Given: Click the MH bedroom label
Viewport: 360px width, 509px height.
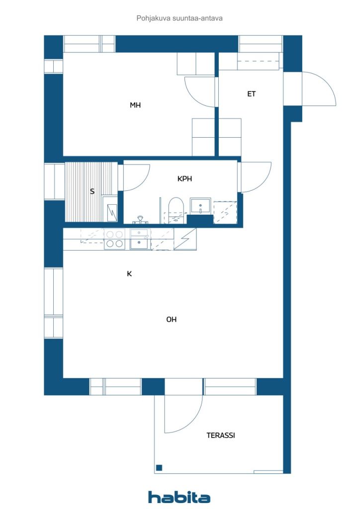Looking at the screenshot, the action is [135, 105].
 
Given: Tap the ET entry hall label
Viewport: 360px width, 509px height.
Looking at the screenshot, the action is [251, 94].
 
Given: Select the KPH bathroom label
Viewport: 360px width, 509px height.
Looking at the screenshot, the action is [184, 178].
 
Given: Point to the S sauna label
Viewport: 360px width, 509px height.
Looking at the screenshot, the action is [92, 191].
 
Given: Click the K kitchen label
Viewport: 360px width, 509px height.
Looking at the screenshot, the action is [129, 274].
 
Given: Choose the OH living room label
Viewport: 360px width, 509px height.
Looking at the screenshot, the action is [172, 320].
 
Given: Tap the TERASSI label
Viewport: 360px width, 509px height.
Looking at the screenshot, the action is [221, 435].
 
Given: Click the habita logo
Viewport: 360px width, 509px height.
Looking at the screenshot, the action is [179, 497].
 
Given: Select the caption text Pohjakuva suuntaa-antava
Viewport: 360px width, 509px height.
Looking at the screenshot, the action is [180, 18].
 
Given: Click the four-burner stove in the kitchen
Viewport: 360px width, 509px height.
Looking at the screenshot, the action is [114, 239].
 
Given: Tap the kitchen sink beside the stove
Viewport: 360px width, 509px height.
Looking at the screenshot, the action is [140, 239].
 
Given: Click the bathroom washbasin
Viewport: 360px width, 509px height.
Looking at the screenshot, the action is [200, 206].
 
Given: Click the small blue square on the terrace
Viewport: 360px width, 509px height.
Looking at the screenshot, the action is [159, 468].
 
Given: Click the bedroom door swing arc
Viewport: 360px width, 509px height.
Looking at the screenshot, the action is [193, 97].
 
